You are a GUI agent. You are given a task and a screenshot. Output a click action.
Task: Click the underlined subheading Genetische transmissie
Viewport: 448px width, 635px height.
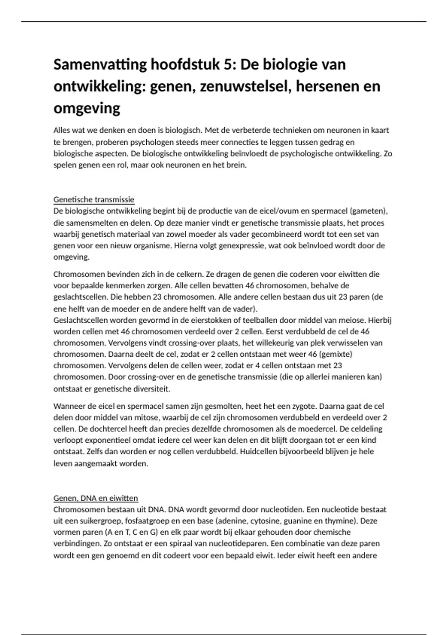click(94, 199)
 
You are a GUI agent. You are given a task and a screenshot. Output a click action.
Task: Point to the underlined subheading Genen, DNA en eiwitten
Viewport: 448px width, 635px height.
click(96, 498)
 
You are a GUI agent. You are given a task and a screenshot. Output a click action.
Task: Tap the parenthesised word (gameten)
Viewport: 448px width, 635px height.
click(369, 211)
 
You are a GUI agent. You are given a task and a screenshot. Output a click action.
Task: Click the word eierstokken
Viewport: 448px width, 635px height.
click(215, 320)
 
